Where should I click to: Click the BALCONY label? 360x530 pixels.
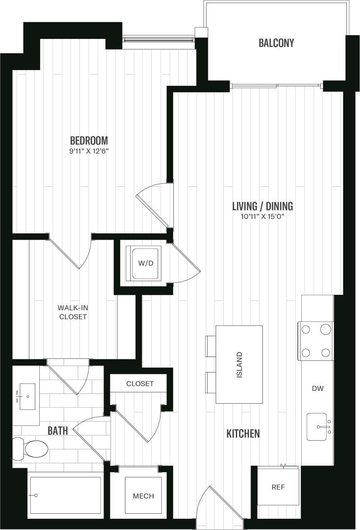pyautogui.click(x=276, y=43)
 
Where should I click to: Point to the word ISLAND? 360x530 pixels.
pyautogui.click(x=239, y=364)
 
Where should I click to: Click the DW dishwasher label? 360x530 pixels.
pyautogui.click(x=317, y=388)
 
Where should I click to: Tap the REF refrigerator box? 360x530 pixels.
pyautogui.click(x=278, y=488)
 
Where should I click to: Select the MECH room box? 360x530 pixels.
pyautogui.click(x=143, y=496)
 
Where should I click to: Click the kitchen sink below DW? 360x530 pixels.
pyautogui.click(x=318, y=426)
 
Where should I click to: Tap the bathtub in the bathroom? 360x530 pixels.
pyautogui.click(x=65, y=495)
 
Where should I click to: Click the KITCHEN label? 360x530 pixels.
pyautogui.click(x=243, y=434)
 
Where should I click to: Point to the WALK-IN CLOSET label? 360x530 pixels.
pyautogui.click(x=72, y=312)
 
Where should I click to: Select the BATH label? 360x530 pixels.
pyautogui.click(x=58, y=431)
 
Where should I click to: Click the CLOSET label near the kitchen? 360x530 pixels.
pyautogui.click(x=140, y=384)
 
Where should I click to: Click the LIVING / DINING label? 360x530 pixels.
pyautogui.click(x=262, y=206)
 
